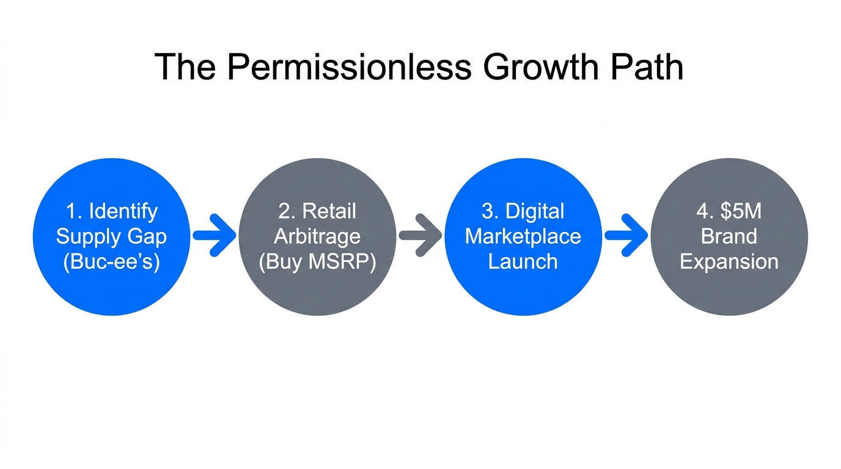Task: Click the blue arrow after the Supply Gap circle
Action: (215, 235)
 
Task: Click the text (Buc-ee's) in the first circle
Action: (111, 262)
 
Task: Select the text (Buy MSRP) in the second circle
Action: (317, 262)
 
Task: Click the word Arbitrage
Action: (317, 236)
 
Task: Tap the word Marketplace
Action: (523, 236)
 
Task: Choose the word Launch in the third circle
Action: (523, 262)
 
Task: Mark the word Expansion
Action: (729, 262)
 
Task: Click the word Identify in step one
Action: (123, 211)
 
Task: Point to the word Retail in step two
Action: (329, 211)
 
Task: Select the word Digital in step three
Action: (535, 211)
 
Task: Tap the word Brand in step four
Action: (729, 236)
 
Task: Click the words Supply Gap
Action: (111, 236)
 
